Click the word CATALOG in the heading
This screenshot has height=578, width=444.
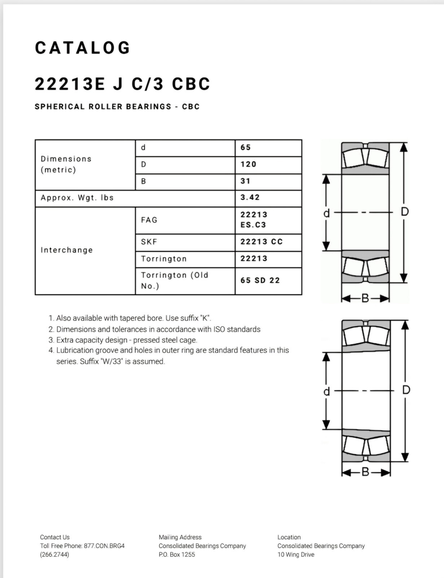click(83, 48)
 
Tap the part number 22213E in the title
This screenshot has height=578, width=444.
click(69, 84)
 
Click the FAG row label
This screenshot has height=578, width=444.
click(149, 220)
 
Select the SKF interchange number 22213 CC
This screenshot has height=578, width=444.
click(261, 242)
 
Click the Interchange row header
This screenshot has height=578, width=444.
click(67, 250)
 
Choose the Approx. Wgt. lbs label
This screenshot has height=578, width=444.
click(77, 198)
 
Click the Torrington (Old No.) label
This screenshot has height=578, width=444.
click(175, 280)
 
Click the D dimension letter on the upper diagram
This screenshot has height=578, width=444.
click(405, 212)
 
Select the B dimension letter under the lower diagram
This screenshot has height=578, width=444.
click(365, 472)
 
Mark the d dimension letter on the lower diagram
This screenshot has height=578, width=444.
click(326, 391)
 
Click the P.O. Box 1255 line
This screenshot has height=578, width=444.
click(177, 555)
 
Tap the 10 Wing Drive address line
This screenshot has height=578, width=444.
click(296, 555)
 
